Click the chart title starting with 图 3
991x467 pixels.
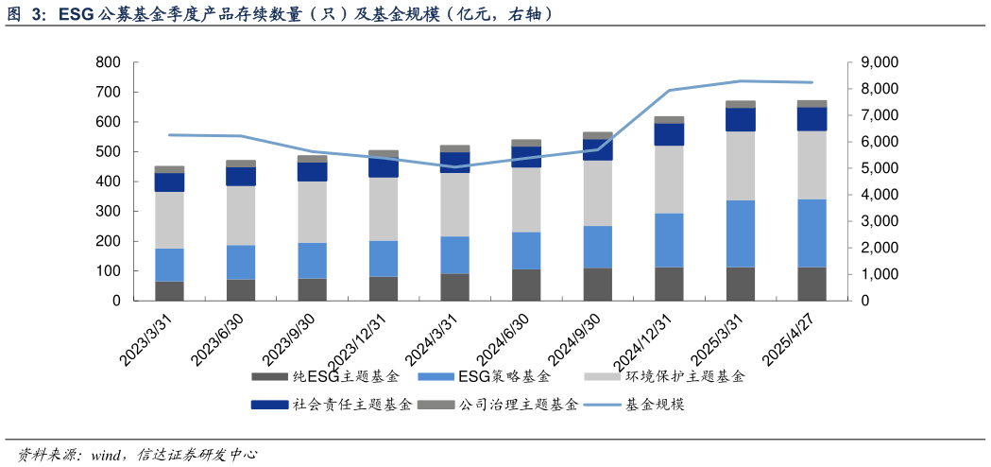(280, 14)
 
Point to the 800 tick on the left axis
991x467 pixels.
(109, 62)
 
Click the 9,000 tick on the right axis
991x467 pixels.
(879, 62)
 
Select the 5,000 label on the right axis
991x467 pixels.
(879, 168)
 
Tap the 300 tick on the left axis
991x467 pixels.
(109, 212)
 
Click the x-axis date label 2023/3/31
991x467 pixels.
(147, 341)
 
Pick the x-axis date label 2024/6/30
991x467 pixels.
(505, 341)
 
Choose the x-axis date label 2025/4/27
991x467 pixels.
(791, 341)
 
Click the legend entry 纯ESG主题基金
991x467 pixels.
(326, 377)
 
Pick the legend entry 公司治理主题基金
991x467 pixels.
(497, 405)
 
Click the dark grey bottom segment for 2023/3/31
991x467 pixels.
(169, 291)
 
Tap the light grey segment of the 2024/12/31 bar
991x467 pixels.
(669, 179)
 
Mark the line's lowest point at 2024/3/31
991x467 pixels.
(454, 167)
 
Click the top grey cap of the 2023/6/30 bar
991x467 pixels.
(241, 164)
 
